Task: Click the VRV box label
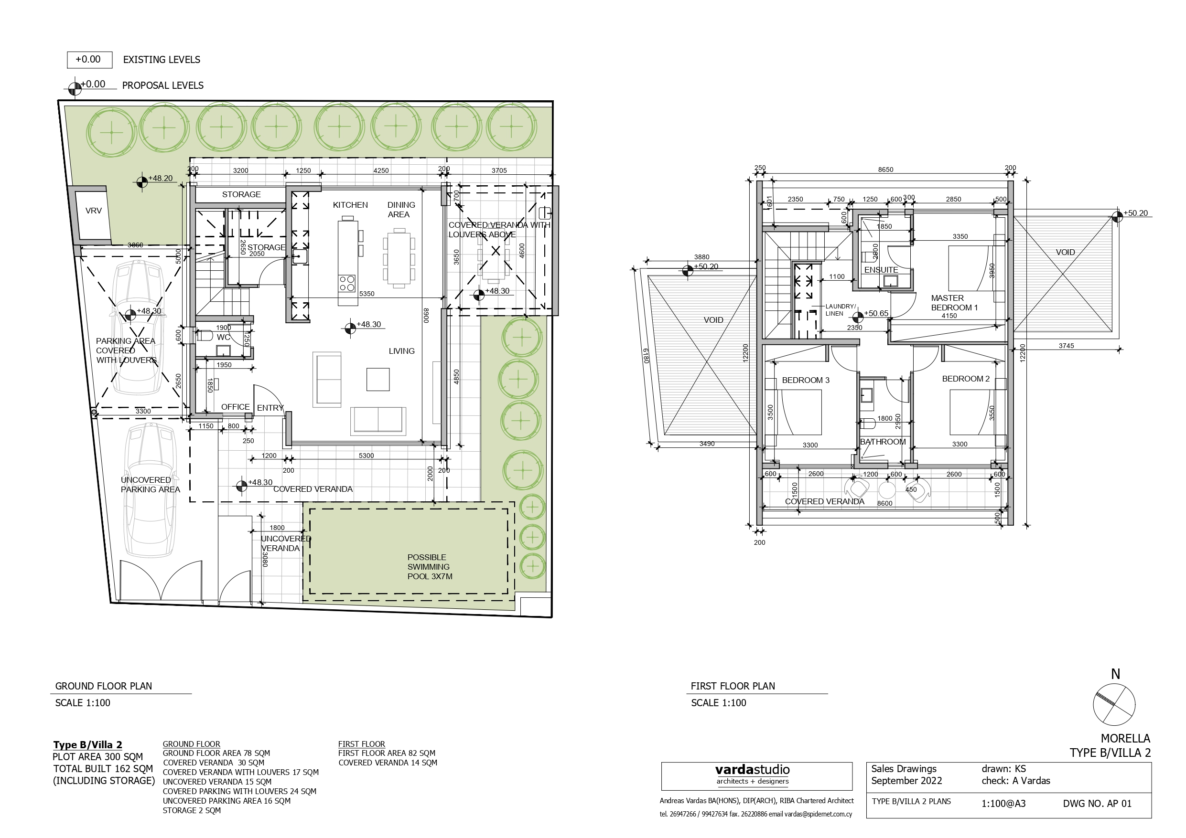click(x=94, y=211)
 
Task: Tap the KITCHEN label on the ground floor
click(x=350, y=205)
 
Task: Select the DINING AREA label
click(x=401, y=210)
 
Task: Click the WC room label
click(x=223, y=337)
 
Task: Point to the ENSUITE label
click(x=881, y=270)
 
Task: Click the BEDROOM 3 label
click(x=805, y=380)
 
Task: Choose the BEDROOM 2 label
click(x=965, y=379)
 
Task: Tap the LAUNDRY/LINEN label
click(x=841, y=310)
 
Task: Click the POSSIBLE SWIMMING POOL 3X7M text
click(x=430, y=566)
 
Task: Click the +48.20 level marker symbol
click(x=142, y=182)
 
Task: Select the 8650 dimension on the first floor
click(x=885, y=170)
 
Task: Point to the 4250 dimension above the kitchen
click(x=381, y=170)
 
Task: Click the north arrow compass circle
click(x=1114, y=705)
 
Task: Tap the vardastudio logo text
click(x=752, y=769)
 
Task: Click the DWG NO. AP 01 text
click(x=1097, y=804)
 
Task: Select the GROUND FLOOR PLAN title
click(x=103, y=686)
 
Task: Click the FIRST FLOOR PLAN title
click(x=733, y=686)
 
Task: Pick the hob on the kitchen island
click(x=347, y=284)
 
